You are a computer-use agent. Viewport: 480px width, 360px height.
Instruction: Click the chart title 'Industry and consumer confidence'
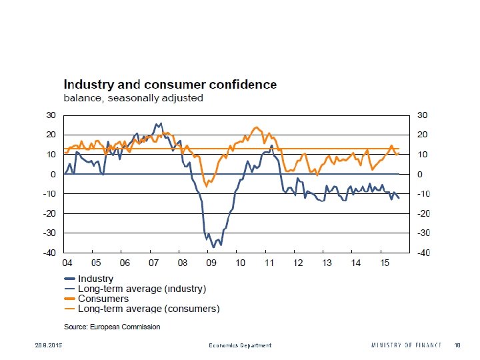(170, 85)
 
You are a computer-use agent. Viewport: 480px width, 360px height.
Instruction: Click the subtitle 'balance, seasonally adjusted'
(133, 98)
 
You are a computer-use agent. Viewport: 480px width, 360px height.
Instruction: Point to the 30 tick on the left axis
(51, 115)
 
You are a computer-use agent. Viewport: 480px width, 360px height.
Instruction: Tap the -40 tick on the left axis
(49, 253)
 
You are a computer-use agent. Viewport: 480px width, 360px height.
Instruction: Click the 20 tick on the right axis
(421, 135)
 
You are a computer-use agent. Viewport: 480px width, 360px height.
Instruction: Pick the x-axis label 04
(67, 263)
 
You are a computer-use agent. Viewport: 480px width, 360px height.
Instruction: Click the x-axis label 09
(211, 263)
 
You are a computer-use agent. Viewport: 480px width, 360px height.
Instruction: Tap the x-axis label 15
(384, 263)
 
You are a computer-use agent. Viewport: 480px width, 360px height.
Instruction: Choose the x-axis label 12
(298, 263)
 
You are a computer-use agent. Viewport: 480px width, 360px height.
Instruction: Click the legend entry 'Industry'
(95, 279)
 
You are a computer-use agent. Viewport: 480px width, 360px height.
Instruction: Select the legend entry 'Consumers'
(103, 299)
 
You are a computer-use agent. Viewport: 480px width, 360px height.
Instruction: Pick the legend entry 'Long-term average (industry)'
(142, 289)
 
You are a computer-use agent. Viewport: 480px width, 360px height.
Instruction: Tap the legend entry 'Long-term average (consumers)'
(149, 309)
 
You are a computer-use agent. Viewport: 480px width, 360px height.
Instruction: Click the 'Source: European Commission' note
(112, 327)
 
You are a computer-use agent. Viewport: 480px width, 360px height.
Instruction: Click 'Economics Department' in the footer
(239, 345)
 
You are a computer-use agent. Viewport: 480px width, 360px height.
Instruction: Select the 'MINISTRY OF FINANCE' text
(406, 345)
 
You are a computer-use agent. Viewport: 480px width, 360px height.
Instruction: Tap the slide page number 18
(457, 345)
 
